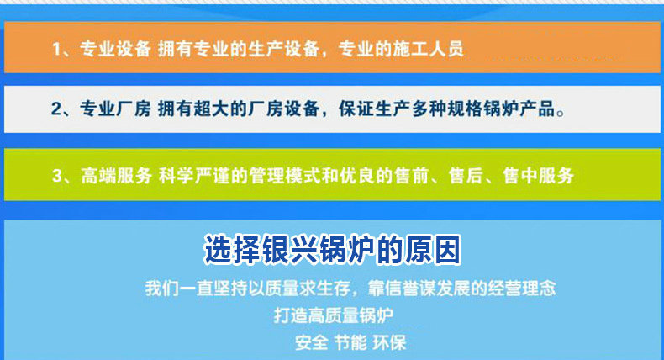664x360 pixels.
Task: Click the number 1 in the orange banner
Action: [x=57, y=49]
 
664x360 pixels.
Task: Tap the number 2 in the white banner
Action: [x=57, y=109]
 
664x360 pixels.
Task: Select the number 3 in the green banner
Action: [x=57, y=176]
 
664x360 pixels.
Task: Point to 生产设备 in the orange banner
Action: [x=283, y=49]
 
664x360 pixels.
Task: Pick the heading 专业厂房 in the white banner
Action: [x=116, y=109]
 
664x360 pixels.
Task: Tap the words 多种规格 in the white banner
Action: [x=447, y=109]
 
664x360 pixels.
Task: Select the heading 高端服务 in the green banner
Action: [x=117, y=176]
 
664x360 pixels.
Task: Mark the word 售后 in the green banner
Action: [x=466, y=176]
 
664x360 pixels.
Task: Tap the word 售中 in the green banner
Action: [x=520, y=176]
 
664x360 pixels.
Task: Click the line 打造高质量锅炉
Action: [x=334, y=316]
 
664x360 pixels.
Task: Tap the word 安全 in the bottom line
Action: [x=311, y=342]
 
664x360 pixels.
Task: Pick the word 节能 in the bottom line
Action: [x=350, y=342]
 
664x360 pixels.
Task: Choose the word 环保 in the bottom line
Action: [x=390, y=342]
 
